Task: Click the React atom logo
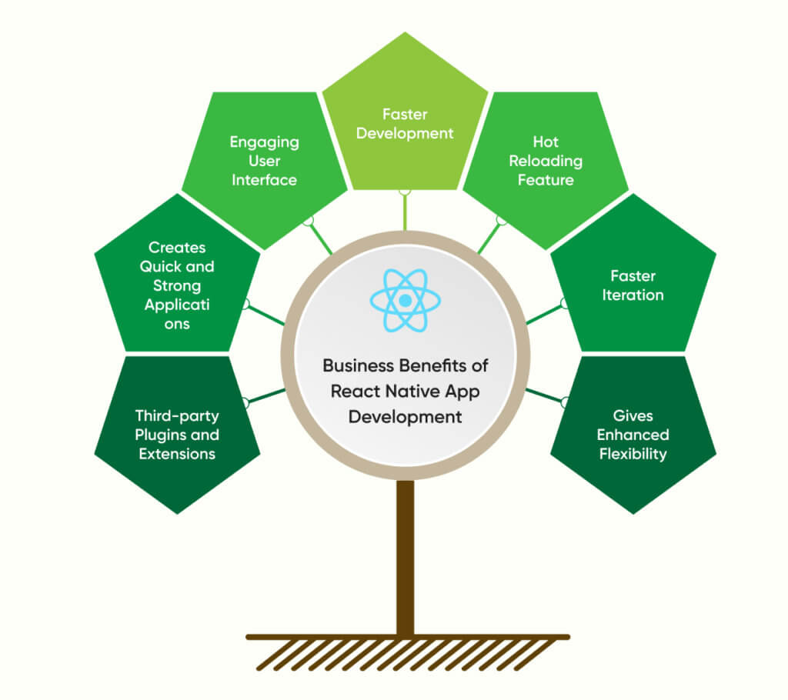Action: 404,300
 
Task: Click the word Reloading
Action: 546,161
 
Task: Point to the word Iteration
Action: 633,295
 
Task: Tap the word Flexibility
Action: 633,454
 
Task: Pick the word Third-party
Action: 177,415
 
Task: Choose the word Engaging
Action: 264,142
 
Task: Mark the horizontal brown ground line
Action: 408,637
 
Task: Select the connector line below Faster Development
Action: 405,212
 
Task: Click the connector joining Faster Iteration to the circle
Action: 545,314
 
